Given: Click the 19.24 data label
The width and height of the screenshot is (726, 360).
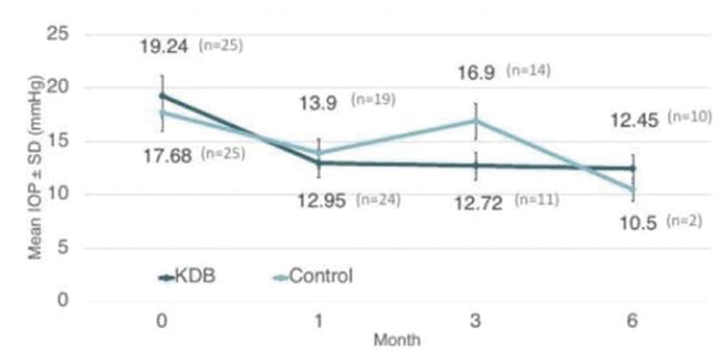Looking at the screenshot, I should click(x=164, y=47).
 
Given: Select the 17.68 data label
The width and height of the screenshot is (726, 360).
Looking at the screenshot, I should click(x=167, y=155).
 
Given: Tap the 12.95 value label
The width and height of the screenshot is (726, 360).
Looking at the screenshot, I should click(x=322, y=202).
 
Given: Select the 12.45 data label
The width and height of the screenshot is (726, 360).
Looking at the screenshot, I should click(x=634, y=120).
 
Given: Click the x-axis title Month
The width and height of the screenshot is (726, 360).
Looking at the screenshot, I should click(x=397, y=341).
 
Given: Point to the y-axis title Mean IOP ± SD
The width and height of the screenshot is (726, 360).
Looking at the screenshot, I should click(x=35, y=167).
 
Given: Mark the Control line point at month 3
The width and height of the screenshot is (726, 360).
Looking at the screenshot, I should click(x=476, y=120).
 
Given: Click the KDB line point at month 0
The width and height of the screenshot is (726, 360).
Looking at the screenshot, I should click(x=162, y=96).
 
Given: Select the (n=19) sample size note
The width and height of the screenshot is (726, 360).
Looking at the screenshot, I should click(x=373, y=101).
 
